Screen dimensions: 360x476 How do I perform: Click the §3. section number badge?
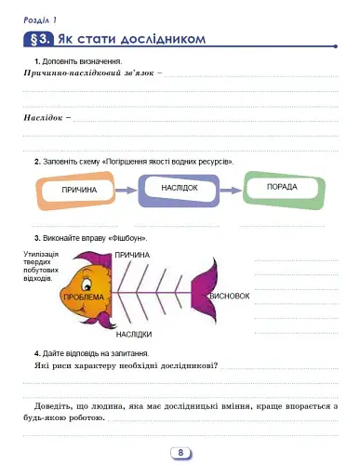pos(38,40)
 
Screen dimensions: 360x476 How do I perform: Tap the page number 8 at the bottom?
pos(180,453)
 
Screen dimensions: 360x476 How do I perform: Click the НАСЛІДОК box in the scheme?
pos(179,188)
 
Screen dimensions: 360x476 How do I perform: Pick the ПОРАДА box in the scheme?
pos(281,188)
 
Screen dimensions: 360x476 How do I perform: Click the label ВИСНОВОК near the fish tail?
pos(231,296)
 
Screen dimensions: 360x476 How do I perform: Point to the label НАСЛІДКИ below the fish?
pos(134,333)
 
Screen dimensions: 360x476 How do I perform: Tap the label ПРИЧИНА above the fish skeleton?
pos(133,254)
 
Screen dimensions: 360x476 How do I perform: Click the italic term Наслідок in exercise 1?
pos(43,118)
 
